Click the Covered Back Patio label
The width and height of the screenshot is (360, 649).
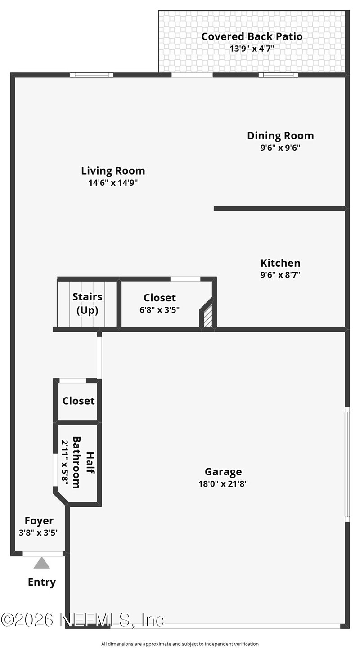[252, 36]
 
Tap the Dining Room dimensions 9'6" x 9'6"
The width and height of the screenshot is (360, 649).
[280, 148]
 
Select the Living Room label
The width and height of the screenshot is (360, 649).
[113, 171]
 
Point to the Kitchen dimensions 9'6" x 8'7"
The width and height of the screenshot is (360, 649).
[280, 275]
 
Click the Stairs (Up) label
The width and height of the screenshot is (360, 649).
[87, 303]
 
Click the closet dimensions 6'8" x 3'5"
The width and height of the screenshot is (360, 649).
[160, 310]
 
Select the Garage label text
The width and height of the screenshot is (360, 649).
[223, 472]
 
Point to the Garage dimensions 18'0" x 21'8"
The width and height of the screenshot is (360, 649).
[223, 484]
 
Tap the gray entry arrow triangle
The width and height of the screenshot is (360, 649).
[42, 563]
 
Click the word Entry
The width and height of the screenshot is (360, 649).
[42, 582]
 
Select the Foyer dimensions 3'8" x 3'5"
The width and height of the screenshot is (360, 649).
[39, 533]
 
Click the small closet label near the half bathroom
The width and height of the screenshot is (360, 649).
[79, 401]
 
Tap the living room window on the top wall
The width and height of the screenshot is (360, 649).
[92, 75]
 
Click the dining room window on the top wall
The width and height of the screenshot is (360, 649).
[278, 75]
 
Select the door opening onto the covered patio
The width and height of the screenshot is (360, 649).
[192, 75]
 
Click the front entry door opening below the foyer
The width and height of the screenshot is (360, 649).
[43, 554]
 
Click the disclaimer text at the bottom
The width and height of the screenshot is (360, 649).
[180, 644]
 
